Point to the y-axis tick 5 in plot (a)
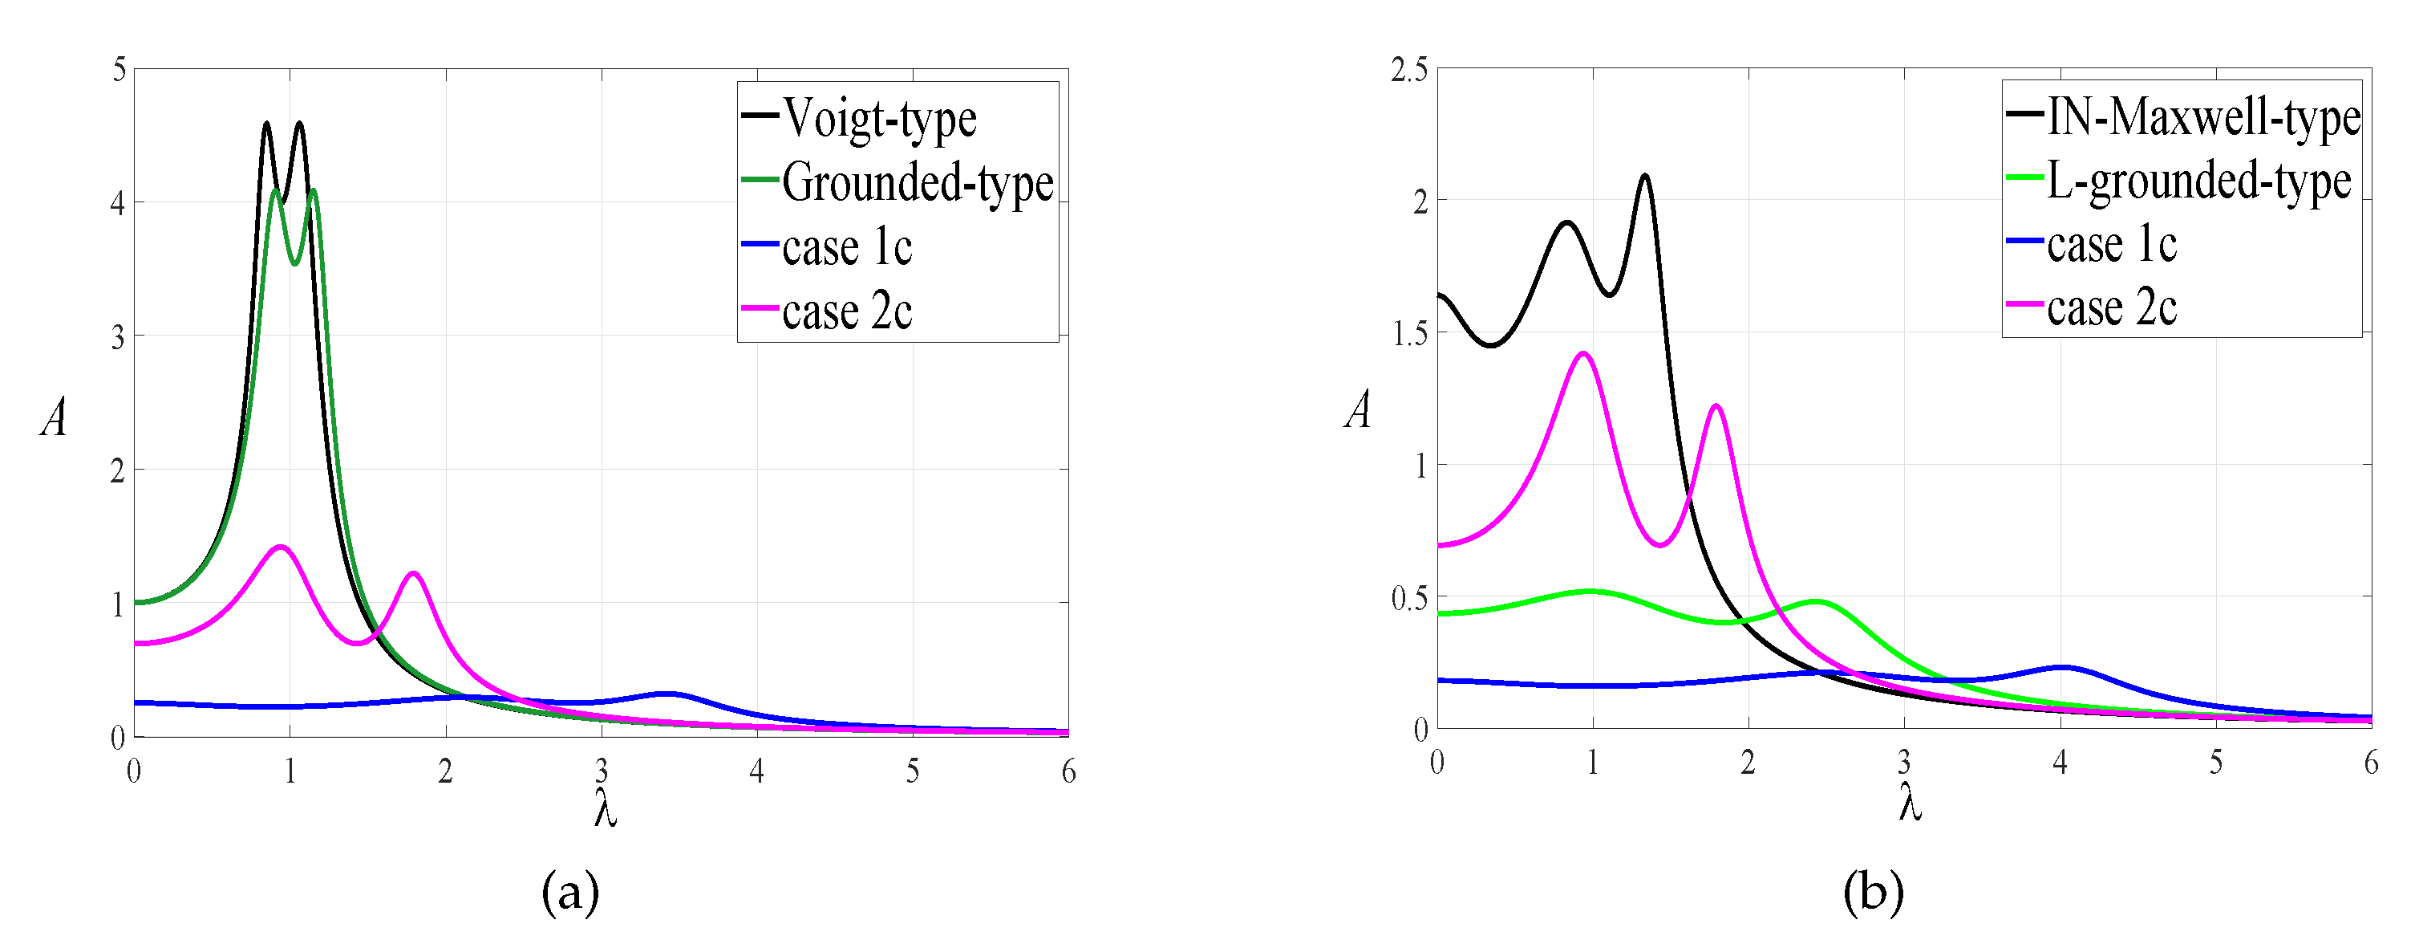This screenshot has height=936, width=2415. pyautogui.click(x=118, y=69)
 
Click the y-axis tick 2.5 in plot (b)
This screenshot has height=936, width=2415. pyautogui.click(x=1409, y=69)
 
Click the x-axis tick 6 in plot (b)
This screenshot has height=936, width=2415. pyautogui.click(x=2371, y=763)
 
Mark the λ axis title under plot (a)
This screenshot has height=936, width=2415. pyautogui.click(x=606, y=808)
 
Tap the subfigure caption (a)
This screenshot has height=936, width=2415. pyautogui.click(x=570, y=892)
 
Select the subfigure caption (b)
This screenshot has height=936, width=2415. pyautogui.click(x=1873, y=892)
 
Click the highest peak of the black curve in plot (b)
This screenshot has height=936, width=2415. pyautogui.click(x=1644, y=175)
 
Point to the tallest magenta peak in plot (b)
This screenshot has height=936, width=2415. pyautogui.click(x=1583, y=353)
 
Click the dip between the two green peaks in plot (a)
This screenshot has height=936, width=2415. pyautogui.click(x=294, y=263)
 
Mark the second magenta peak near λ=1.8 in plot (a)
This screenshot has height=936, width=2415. pyautogui.click(x=413, y=573)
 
